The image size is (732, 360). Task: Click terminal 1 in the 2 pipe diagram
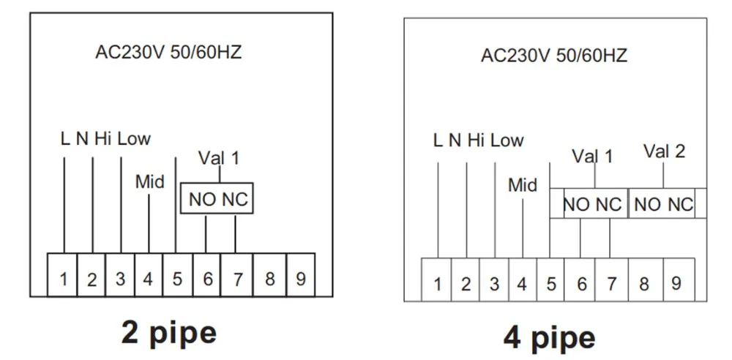click(64, 279)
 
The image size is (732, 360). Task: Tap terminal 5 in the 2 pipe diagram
click(176, 279)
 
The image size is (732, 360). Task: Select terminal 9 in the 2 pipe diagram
click(300, 279)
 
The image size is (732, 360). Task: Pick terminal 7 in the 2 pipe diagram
click(236, 279)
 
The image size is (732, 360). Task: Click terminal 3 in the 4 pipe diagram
click(494, 284)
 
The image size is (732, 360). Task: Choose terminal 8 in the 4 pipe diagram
click(644, 284)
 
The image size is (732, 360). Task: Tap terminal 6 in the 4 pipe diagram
click(581, 284)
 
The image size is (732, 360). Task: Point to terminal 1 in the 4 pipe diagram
click(438, 284)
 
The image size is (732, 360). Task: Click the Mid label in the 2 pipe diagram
click(149, 181)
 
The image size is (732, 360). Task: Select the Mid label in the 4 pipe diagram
click(523, 185)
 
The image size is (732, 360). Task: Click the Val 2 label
click(664, 151)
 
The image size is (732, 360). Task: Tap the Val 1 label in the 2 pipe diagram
click(218, 157)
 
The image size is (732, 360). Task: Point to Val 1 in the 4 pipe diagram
click(592, 155)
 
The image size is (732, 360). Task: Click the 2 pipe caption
click(169, 333)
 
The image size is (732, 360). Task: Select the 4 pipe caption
click(548, 337)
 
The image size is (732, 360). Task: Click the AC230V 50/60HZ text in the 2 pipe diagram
click(168, 52)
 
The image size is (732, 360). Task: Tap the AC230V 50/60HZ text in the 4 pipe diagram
click(554, 56)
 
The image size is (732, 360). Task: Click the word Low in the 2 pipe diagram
click(134, 138)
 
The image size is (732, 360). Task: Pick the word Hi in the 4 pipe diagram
click(477, 140)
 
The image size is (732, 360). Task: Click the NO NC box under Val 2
click(663, 205)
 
